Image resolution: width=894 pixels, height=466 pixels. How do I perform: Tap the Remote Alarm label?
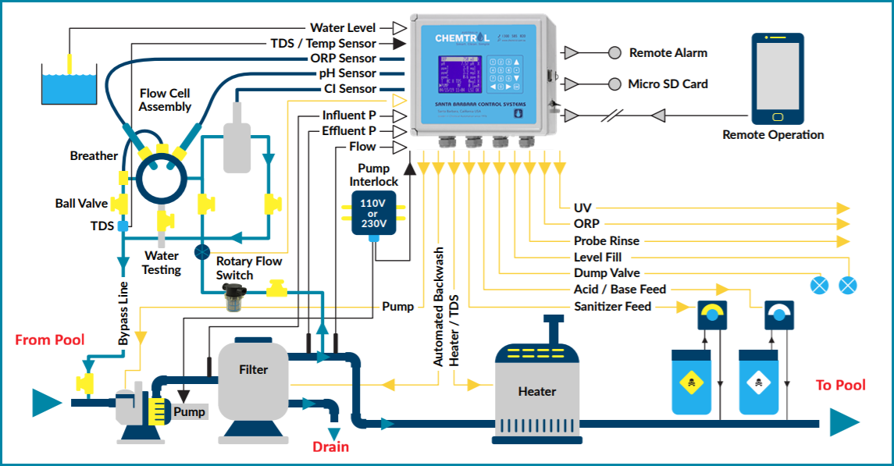(x=668, y=53)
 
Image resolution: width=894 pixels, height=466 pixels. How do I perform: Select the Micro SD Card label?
(x=668, y=84)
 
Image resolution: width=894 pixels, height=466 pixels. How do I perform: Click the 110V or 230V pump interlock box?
(x=372, y=213)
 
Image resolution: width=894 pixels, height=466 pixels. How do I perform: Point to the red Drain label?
(x=330, y=447)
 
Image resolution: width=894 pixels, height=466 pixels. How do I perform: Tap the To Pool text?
(x=840, y=385)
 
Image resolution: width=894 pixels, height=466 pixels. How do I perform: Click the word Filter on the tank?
(x=253, y=369)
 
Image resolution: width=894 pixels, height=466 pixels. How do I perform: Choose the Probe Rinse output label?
(x=606, y=241)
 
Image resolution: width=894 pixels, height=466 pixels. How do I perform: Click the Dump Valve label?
(x=607, y=273)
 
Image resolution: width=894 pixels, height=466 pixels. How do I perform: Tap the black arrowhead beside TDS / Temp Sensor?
(x=397, y=44)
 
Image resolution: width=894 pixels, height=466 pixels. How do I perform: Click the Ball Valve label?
(x=81, y=204)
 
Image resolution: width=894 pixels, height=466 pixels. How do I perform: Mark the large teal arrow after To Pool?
(x=843, y=422)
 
